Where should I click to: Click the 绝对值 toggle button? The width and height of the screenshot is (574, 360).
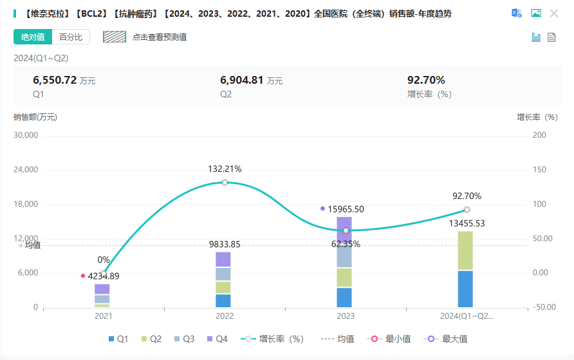[x=32, y=37]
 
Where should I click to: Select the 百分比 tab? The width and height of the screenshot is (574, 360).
[x=71, y=37]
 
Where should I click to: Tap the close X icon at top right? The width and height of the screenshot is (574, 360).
[x=553, y=14]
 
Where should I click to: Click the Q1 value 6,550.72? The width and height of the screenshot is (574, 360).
[x=55, y=81]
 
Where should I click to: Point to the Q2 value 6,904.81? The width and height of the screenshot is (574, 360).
[x=242, y=81]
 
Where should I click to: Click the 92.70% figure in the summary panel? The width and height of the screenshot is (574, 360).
[x=426, y=81]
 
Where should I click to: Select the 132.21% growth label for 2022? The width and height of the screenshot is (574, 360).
[x=225, y=169]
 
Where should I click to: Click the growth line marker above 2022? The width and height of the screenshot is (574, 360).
[x=225, y=182]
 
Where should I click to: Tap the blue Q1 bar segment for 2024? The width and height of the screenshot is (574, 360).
[x=465, y=289]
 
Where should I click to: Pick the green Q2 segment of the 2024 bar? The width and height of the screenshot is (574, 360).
[x=465, y=251]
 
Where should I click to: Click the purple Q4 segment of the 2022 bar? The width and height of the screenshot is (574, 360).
[x=223, y=259]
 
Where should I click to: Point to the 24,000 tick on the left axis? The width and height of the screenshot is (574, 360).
[x=26, y=170]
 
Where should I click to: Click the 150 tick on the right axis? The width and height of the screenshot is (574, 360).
[x=540, y=170]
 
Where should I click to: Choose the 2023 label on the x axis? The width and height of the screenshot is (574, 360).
[x=346, y=316]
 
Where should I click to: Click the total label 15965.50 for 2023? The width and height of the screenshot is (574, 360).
[x=346, y=209]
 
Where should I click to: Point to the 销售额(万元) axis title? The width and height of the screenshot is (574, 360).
[x=35, y=117]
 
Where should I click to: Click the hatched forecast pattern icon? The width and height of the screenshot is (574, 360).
[x=115, y=37]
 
